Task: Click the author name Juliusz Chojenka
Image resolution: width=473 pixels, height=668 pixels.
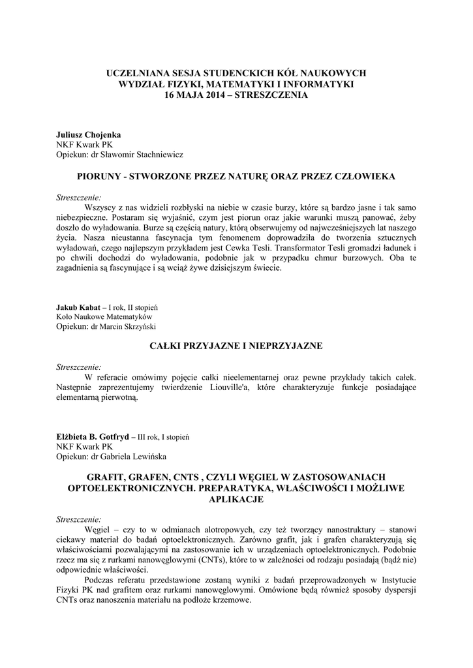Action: click(x=89, y=134)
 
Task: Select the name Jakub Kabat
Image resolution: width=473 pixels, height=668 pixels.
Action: click(x=78, y=307)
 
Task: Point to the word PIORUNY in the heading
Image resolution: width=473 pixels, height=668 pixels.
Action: click(x=99, y=176)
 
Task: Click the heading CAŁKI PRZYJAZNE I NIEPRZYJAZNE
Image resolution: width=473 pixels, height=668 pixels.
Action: click(x=236, y=346)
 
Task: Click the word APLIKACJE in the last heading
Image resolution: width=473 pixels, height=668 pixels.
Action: click(x=236, y=499)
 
